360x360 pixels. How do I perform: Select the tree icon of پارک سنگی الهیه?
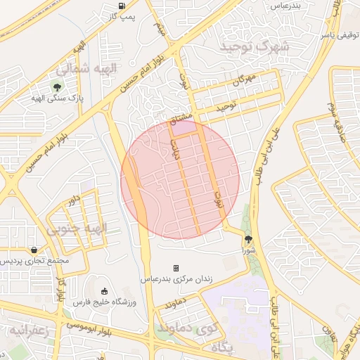point(56,87)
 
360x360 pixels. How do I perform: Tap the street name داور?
point(72,202)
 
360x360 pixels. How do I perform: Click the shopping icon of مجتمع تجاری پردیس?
point(34,250)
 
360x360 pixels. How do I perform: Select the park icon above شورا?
point(247,239)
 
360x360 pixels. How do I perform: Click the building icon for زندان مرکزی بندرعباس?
point(176,268)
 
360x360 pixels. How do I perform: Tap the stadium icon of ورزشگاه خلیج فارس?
point(105,291)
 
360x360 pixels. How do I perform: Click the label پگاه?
point(221,347)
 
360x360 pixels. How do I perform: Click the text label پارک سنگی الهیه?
point(56,99)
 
